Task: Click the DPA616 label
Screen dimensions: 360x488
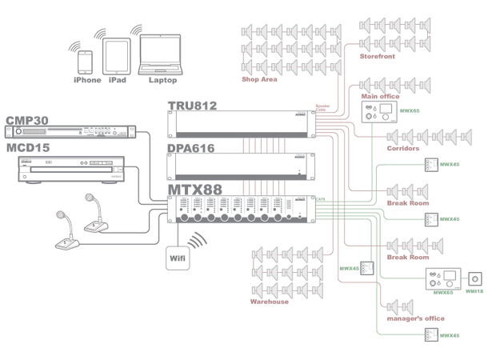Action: tap(192, 148)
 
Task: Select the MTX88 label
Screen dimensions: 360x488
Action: tap(192, 190)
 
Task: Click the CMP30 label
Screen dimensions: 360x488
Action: tap(27, 120)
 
